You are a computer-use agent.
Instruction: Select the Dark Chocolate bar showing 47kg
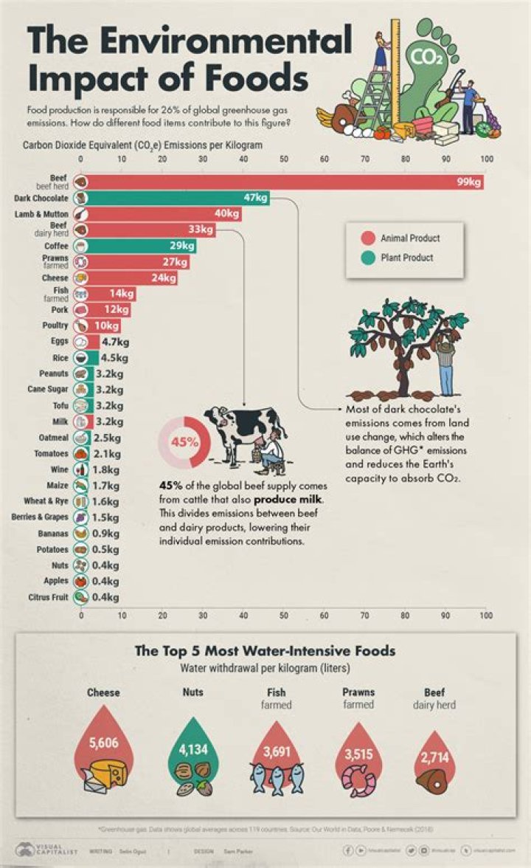pyautogui.click(x=177, y=198)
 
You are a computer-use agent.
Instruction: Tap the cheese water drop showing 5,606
pyautogui.click(x=103, y=744)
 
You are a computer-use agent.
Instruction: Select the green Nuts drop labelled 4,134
pyautogui.click(x=193, y=751)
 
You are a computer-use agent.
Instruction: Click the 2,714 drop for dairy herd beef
pyautogui.click(x=435, y=758)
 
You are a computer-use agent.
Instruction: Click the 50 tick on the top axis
pyautogui.click(x=283, y=159)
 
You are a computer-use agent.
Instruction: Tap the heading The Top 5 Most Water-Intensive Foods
pyautogui.click(x=265, y=651)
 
